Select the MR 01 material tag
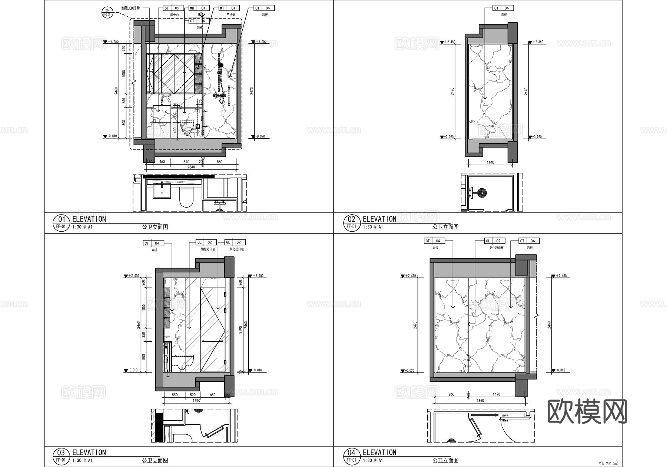[199, 8]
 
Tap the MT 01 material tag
[229, 8]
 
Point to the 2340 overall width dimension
[191, 167]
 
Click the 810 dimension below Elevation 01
[186, 162]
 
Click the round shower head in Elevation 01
[220, 65]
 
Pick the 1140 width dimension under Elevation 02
[490, 162]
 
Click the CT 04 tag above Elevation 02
[503, 8]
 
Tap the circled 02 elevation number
[351, 219]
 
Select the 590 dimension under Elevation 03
[193, 395]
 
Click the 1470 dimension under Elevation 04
[497, 394]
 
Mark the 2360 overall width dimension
[480, 400]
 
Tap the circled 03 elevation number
[61, 453]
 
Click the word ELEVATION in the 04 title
[379, 453]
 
